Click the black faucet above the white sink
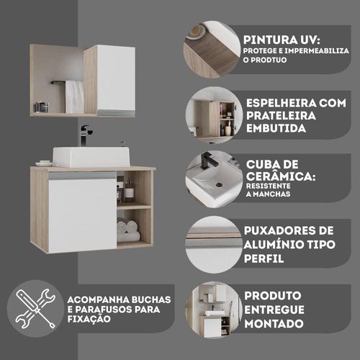(85, 135)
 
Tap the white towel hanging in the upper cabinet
(75, 96)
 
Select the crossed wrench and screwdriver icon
(35, 309)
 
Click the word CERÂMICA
(281, 177)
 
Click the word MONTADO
(274, 324)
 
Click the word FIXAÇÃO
(89, 319)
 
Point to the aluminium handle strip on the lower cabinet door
(82, 176)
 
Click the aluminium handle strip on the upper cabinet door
(116, 113)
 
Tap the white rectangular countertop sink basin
(91, 157)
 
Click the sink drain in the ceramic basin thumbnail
(219, 185)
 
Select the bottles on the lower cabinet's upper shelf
(125, 189)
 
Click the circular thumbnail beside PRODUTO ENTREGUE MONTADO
(214, 310)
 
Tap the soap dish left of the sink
(44, 163)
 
